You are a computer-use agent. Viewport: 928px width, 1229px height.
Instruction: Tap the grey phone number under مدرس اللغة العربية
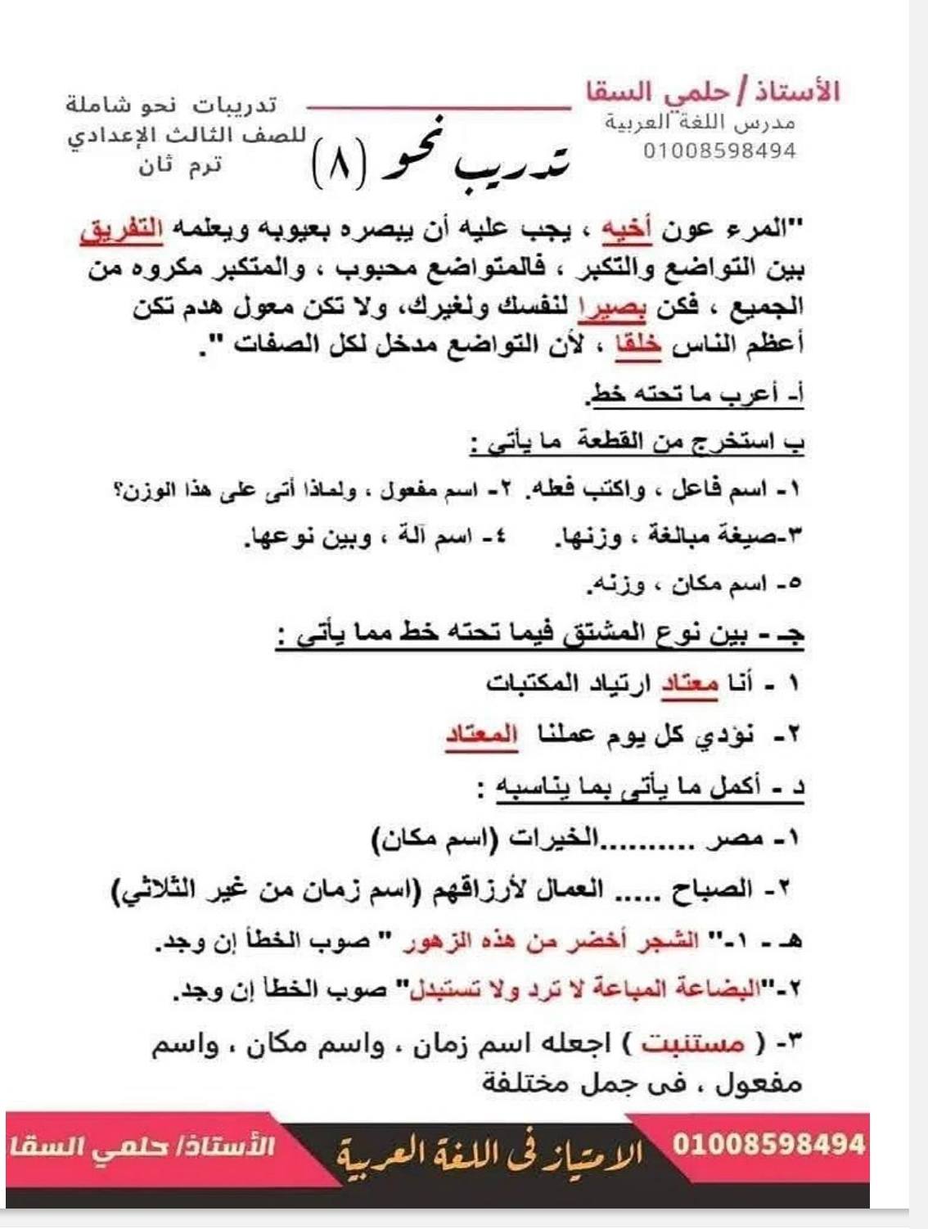(719, 151)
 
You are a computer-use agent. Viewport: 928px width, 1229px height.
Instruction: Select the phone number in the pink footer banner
(768, 1143)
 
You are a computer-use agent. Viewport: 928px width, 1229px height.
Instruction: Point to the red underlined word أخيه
(626, 231)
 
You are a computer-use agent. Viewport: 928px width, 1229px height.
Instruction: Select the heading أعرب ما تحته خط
(696, 394)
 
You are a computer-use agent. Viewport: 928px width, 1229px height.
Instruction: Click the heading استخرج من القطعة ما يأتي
(638, 443)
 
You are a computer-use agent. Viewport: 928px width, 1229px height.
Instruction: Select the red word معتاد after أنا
(690, 683)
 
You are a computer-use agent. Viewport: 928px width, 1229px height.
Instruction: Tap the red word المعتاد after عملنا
(481, 734)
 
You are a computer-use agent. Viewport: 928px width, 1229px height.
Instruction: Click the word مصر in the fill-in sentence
(741, 839)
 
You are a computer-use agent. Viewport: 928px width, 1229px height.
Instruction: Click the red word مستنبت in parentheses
(692, 1043)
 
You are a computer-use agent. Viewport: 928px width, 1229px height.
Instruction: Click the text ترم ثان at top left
(180, 166)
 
